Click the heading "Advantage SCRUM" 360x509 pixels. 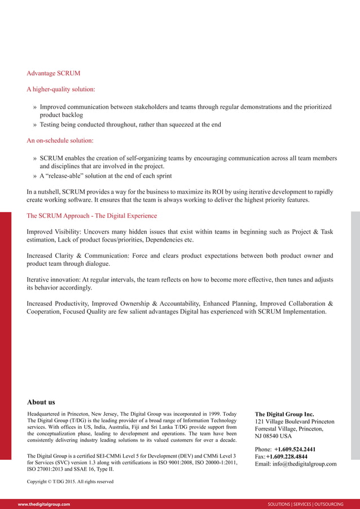tap(54, 73)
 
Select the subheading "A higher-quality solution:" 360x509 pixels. tap(61, 89)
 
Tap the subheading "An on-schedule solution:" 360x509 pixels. tap(60, 140)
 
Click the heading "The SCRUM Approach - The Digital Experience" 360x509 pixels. tap(92, 216)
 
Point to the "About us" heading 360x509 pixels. tap(41, 402)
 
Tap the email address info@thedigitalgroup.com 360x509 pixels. tap(305, 464)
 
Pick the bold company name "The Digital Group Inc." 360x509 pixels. tap(284, 414)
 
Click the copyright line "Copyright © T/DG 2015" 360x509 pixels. tap(70, 481)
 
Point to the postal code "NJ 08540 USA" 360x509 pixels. tap(274, 436)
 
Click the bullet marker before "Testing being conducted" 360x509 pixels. tap(35, 125)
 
